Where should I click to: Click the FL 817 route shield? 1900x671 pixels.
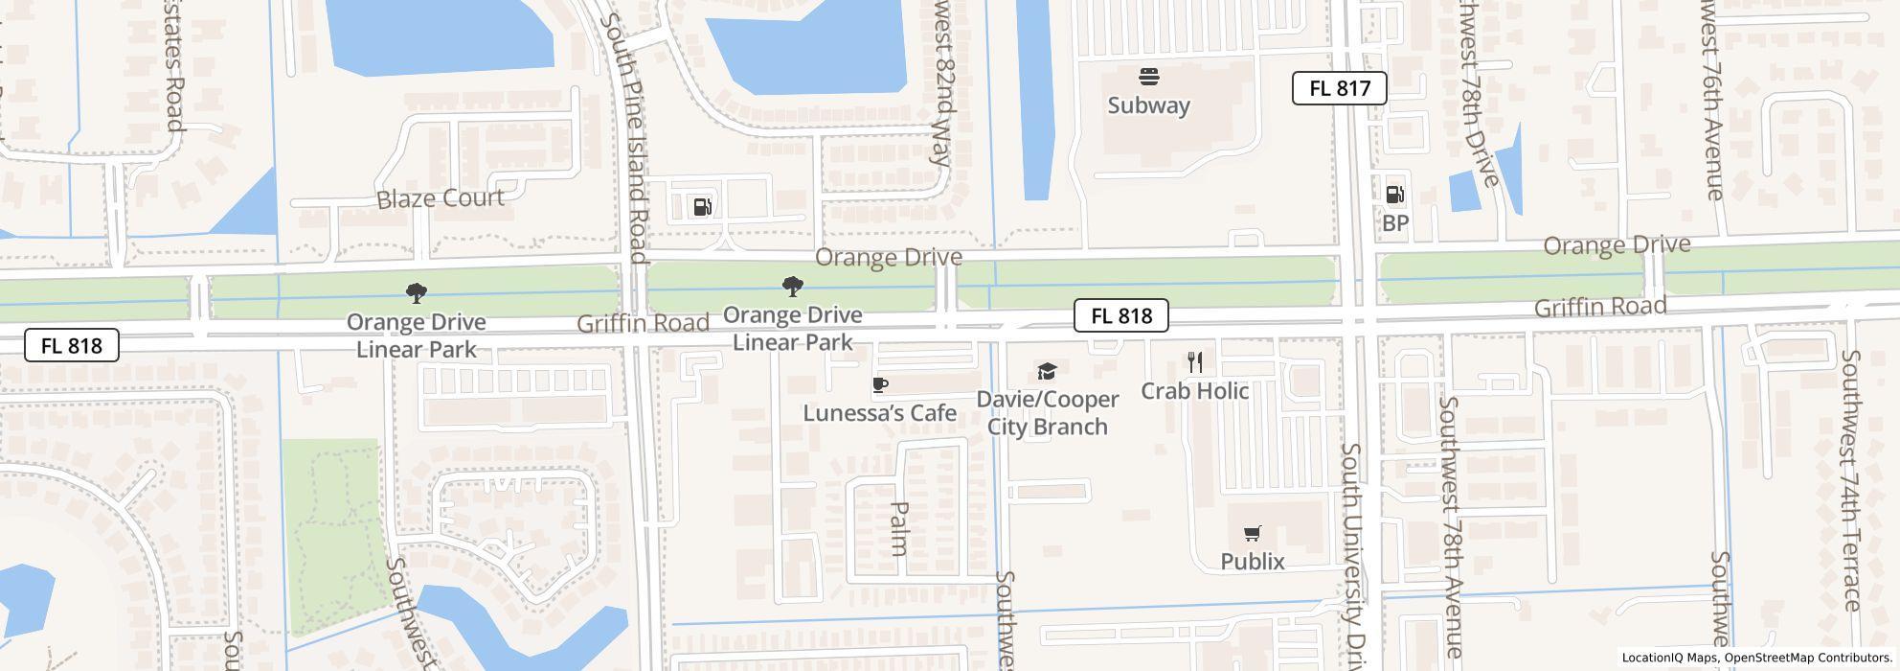1339,88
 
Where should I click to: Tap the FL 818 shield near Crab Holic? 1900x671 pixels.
1120,315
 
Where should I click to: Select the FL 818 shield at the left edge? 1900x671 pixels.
72,346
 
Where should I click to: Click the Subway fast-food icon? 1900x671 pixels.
1148,77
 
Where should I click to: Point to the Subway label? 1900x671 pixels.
1148,105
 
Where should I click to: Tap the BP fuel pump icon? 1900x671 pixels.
1394,195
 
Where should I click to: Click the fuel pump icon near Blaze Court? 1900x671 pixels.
702,206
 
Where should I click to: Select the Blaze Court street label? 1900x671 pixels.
440,198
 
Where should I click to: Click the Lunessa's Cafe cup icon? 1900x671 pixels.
879,385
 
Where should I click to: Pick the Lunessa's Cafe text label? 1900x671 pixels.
879,413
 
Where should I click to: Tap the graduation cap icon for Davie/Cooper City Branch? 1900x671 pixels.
1047,372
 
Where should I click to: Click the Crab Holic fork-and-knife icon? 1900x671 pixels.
1194,361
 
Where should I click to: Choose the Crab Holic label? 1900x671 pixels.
1194,391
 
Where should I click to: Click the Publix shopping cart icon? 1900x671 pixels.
1252,533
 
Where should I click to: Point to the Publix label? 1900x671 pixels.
1252,562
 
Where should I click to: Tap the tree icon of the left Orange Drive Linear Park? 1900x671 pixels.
416,292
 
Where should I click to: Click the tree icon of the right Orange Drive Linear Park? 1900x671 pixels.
792,286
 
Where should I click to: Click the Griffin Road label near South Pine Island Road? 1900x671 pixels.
643,324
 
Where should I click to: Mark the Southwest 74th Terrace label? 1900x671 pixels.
1849,479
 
